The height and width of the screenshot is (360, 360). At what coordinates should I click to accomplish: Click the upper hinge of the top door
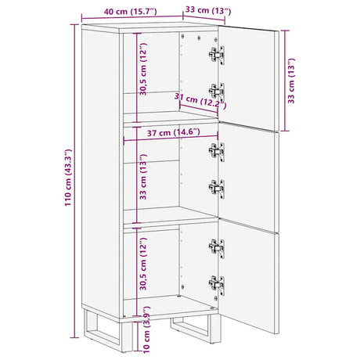(216, 55)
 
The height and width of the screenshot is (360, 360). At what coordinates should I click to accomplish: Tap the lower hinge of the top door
(216, 92)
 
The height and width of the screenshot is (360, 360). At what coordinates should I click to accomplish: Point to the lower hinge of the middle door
(216, 188)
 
